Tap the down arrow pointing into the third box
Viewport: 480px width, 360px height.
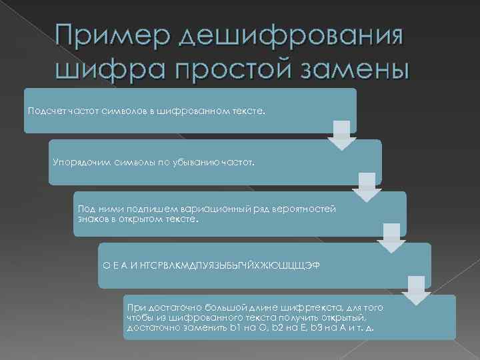(x=366, y=187)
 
